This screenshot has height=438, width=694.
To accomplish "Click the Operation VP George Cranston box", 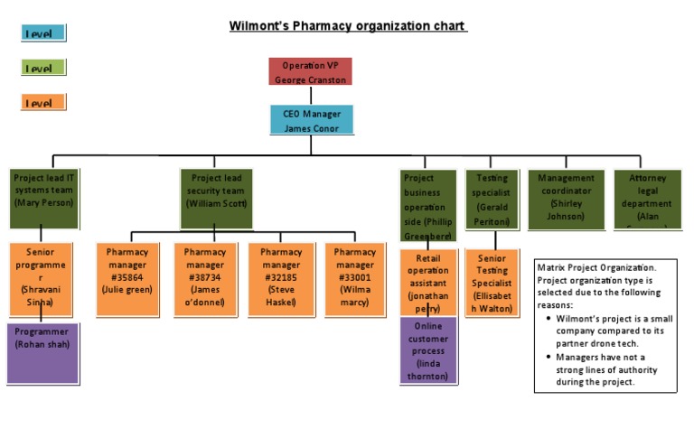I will coord(310,71).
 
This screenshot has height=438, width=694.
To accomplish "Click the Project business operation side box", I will coord(427,205).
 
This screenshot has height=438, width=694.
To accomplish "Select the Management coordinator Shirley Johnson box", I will coord(566,198).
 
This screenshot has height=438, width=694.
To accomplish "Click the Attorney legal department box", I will coord(647,198).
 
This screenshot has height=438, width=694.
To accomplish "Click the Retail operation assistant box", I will coord(428,283).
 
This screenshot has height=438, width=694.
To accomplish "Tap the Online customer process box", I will coord(428,350).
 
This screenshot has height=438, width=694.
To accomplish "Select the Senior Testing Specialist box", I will coord(492,283).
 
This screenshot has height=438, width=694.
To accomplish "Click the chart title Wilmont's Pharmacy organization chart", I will coord(347,26).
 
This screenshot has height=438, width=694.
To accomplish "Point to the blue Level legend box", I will coord(42,33).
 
